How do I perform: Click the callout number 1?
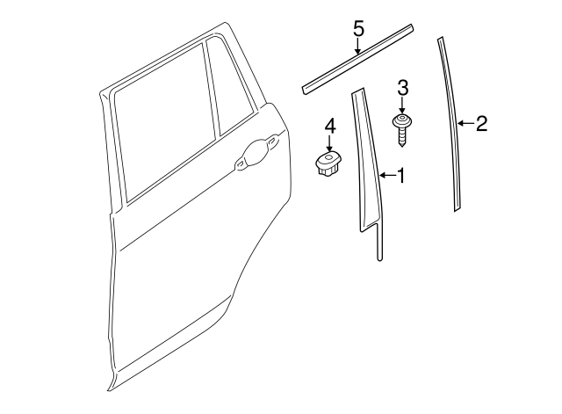[401, 177]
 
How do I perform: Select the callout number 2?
[480, 124]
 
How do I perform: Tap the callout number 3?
[403, 87]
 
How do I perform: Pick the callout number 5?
[358, 29]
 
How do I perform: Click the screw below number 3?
[404, 127]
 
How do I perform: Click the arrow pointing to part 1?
[387, 177]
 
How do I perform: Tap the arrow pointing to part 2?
[466, 124]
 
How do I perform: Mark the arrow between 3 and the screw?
[403, 104]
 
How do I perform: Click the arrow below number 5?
[358, 47]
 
